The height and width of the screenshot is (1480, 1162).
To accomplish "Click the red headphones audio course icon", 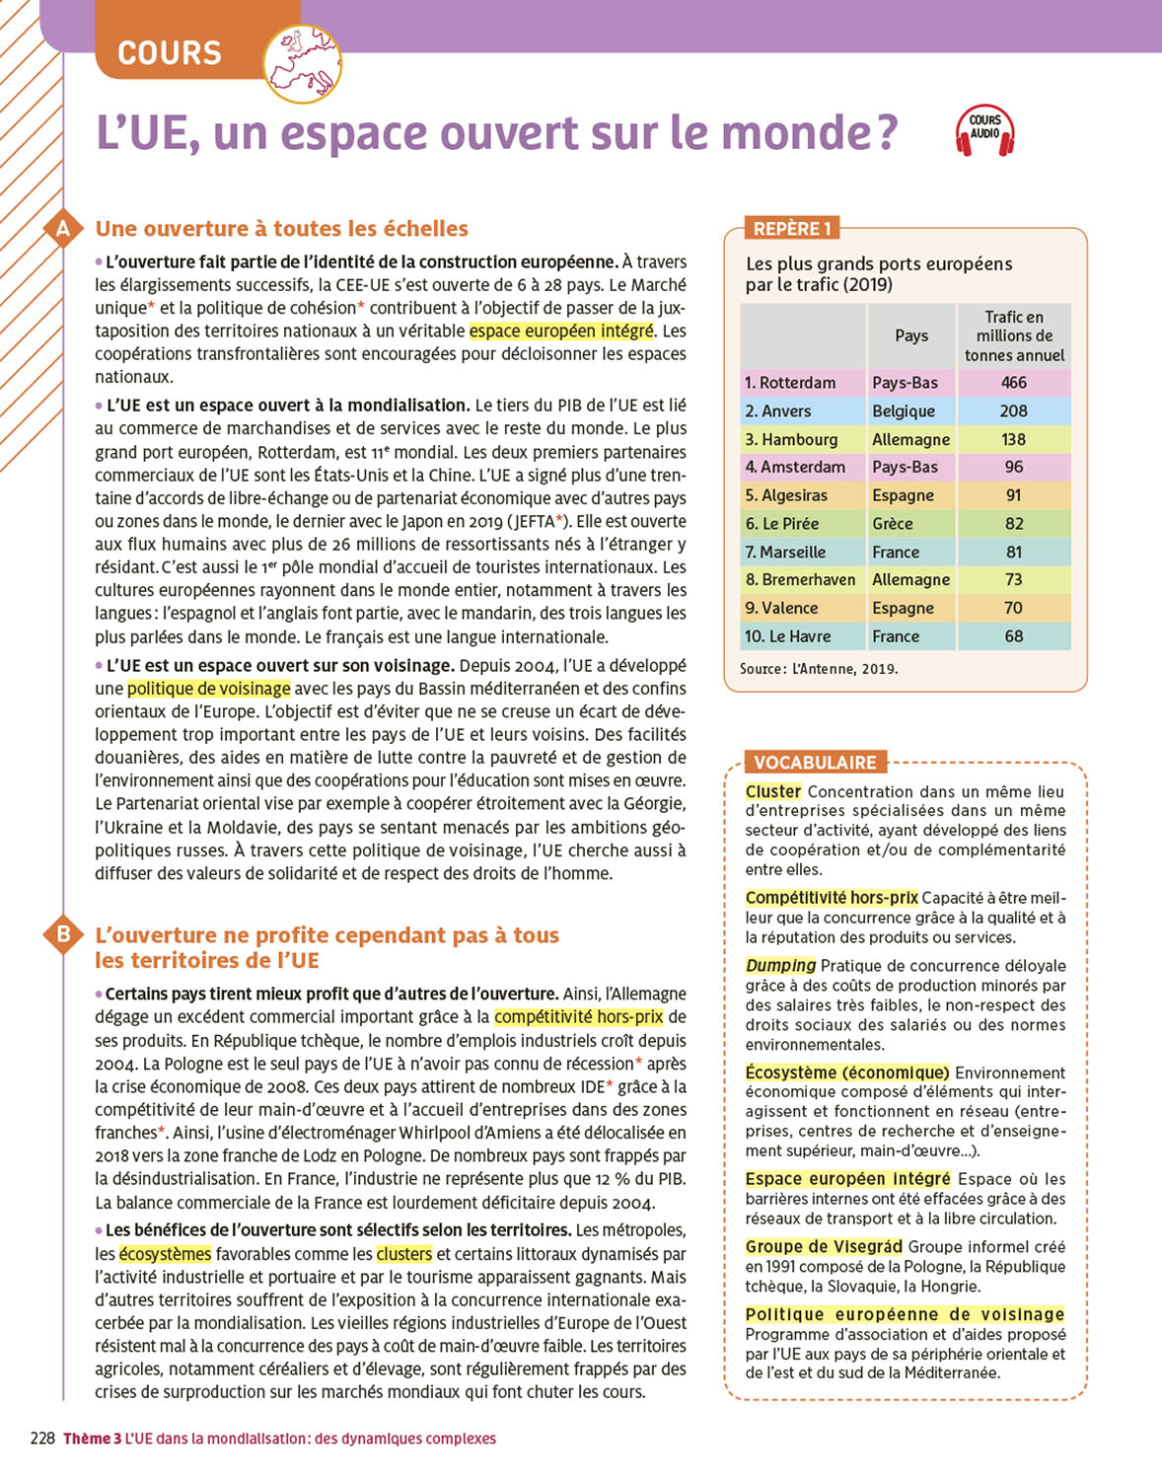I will tap(984, 130).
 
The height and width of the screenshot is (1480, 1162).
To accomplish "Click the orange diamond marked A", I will tap(63, 229).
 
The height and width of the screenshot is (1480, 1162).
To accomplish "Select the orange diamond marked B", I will tap(63, 933).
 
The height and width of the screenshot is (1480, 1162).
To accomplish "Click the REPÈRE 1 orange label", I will tap(791, 229).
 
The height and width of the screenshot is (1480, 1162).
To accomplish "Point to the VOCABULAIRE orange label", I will tap(815, 763).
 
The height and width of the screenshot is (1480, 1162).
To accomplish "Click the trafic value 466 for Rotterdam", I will tap(1013, 383).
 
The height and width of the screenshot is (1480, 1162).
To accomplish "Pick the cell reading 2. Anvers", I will tap(778, 411).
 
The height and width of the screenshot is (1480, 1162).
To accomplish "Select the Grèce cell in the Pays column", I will tap(893, 524).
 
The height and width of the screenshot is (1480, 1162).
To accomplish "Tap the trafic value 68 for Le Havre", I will tap(1013, 636).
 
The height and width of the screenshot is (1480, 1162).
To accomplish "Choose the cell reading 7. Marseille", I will tap(785, 553).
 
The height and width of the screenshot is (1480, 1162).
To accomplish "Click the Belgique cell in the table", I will tap(903, 411).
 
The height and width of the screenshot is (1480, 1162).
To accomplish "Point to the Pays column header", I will tap(911, 335).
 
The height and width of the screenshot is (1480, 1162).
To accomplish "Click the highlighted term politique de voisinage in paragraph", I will tap(209, 689).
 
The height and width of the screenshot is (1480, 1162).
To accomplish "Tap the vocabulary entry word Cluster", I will tap(773, 791).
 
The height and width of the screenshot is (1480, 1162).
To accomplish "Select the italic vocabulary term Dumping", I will tap(780, 966).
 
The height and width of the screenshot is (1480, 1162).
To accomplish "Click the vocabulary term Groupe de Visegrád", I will tap(824, 1247).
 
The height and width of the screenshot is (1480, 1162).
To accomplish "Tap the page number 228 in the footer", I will tap(42, 1439).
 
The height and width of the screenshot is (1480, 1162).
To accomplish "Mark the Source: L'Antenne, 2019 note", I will tap(819, 669).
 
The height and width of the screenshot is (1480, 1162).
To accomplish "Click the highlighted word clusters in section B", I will tap(404, 1254).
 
